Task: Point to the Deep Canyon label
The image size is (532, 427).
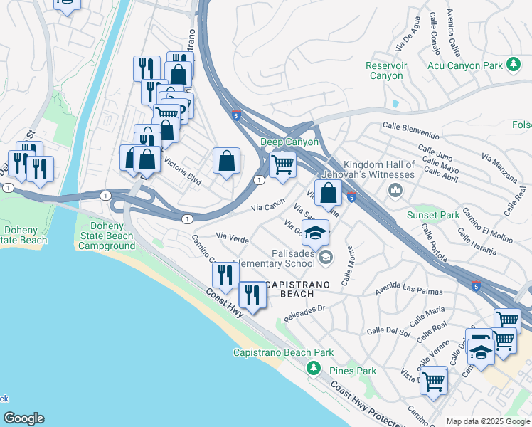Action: (x=289, y=142)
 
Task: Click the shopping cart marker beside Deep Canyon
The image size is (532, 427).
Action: (x=283, y=165)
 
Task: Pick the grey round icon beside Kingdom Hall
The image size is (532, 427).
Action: (x=395, y=190)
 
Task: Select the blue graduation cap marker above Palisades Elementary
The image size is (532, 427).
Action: (x=315, y=232)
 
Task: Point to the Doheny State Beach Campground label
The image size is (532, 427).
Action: (x=107, y=236)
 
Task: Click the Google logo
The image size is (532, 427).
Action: (x=23, y=418)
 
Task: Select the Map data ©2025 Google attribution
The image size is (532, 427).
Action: (x=488, y=421)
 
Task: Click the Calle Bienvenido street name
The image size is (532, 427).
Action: (x=410, y=127)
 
